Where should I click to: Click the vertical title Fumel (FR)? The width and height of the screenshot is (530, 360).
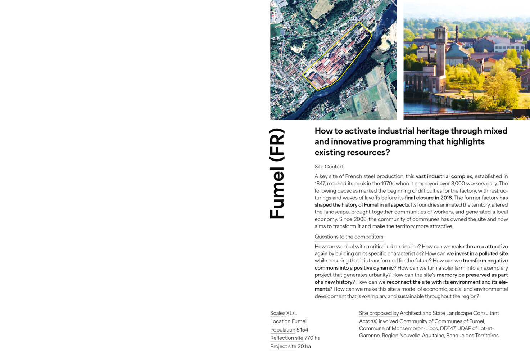[277, 174]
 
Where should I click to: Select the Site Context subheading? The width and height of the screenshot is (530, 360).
[329, 167]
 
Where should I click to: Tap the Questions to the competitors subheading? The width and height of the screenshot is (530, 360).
[349, 237]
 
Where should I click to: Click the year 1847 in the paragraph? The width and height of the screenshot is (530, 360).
[320, 184]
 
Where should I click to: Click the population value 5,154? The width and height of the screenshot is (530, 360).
[302, 330]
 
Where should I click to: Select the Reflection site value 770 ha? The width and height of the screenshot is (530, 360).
[312, 338]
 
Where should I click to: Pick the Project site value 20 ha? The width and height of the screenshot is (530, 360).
[304, 346]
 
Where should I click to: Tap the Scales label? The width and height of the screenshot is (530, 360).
[277, 313]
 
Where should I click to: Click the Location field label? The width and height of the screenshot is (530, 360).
[280, 321]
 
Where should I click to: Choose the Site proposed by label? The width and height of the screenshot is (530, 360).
[379, 313]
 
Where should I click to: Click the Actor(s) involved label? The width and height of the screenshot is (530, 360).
[379, 321]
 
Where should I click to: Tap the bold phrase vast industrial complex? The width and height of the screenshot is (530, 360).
[444, 176]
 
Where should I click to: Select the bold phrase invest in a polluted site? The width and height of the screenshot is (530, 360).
[481, 254]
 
